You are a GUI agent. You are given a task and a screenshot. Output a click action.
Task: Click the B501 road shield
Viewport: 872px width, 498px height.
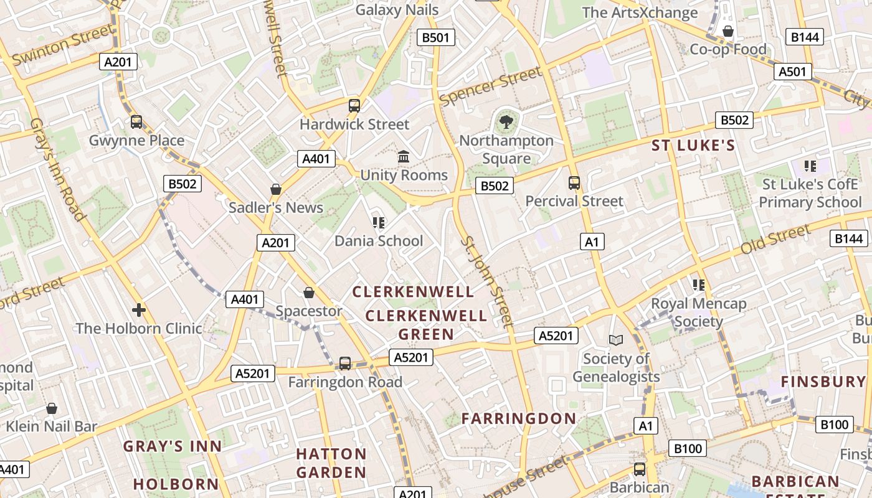(435, 37)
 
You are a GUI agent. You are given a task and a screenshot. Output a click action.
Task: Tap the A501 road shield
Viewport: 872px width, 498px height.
(792, 72)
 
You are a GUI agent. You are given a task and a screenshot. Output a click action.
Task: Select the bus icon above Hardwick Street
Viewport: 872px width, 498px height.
(354, 106)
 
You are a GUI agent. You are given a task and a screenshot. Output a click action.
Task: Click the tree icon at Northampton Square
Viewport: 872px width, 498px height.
(506, 121)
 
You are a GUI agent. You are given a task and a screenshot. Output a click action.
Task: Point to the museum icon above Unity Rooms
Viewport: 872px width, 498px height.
(404, 156)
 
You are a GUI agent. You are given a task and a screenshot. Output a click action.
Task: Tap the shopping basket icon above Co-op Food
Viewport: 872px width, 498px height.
(727, 31)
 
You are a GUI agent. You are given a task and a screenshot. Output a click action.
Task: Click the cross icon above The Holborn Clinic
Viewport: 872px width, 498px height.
(139, 309)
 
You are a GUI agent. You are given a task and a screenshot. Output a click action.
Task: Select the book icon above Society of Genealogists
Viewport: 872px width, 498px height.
(615, 340)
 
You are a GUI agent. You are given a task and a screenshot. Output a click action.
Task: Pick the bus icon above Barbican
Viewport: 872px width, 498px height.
(640, 469)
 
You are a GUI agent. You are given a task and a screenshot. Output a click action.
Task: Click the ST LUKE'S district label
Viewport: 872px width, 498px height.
(693, 146)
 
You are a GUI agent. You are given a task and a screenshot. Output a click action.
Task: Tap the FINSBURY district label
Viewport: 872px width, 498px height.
(823, 382)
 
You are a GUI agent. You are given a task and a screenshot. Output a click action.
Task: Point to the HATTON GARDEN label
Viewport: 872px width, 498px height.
(331, 463)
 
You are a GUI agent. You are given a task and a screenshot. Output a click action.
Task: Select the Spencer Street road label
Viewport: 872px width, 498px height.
(490, 87)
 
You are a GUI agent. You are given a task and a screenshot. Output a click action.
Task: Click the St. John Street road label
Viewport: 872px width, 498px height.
(488, 281)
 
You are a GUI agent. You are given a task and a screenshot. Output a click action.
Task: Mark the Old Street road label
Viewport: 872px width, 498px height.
(775, 240)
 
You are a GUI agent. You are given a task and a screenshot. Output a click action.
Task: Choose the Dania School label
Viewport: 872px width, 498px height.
(379, 241)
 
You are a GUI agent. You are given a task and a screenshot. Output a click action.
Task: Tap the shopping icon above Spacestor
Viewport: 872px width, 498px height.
(308, 293)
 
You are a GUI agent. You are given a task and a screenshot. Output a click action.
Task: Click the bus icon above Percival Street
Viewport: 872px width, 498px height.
(574, 183)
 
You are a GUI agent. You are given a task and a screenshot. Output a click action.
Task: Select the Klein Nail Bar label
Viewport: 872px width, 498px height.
(52, 426)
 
